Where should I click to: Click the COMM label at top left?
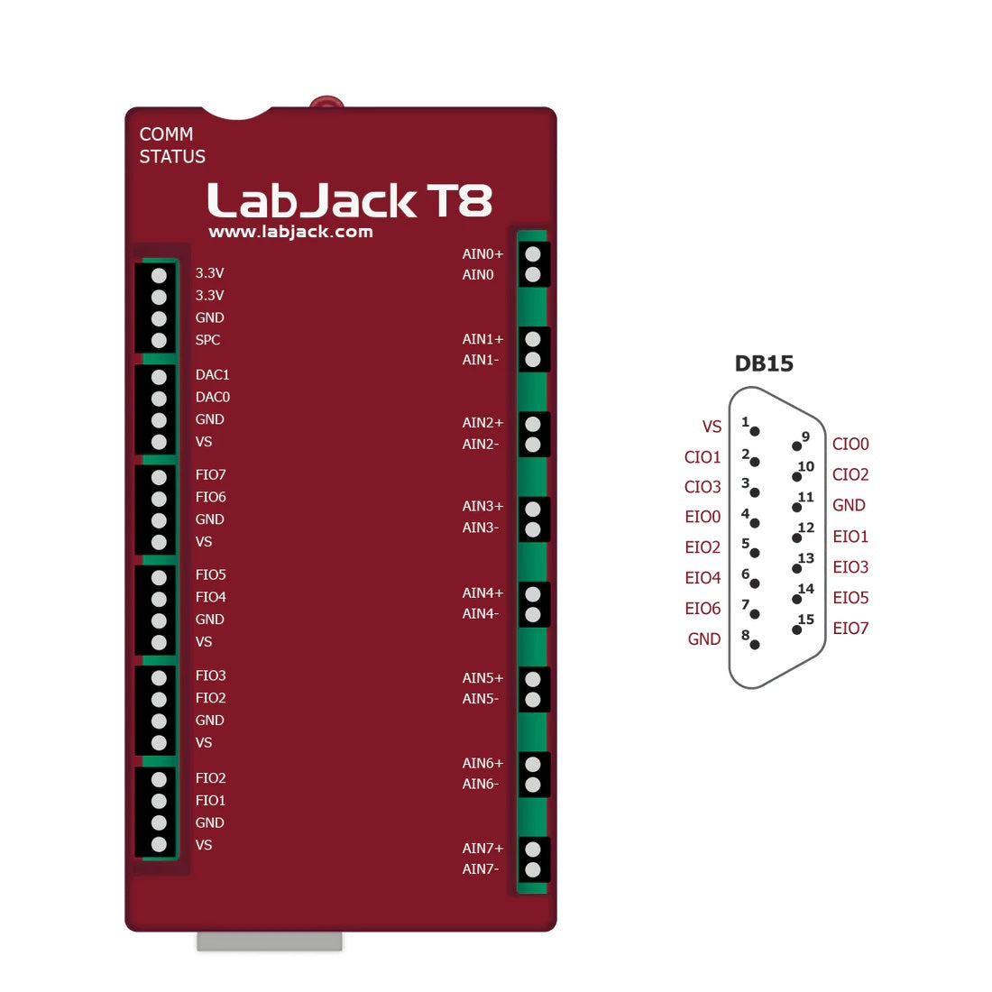[166, 134]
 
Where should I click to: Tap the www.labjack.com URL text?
[290, 232]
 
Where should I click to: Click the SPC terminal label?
[207, 340]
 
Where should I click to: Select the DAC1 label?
[212, 374]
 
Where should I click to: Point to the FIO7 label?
[210, 474]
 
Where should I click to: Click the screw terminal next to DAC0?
[159, 398]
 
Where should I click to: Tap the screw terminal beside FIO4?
[159, 598]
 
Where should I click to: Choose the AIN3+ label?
[482, 506]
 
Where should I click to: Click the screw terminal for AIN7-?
[533, 870]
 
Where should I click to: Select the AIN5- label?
[480, 699]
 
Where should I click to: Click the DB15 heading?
[764, 363]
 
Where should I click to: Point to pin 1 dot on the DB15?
[755, 431]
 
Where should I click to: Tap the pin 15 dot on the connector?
[796, 629]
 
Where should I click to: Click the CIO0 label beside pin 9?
[850, 444]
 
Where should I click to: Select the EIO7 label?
[850, 629]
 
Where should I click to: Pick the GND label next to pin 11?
[849, 505]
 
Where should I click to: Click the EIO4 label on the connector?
[703, 578]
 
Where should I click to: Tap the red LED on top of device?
[326, 103]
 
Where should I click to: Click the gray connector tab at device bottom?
[269, 941]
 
